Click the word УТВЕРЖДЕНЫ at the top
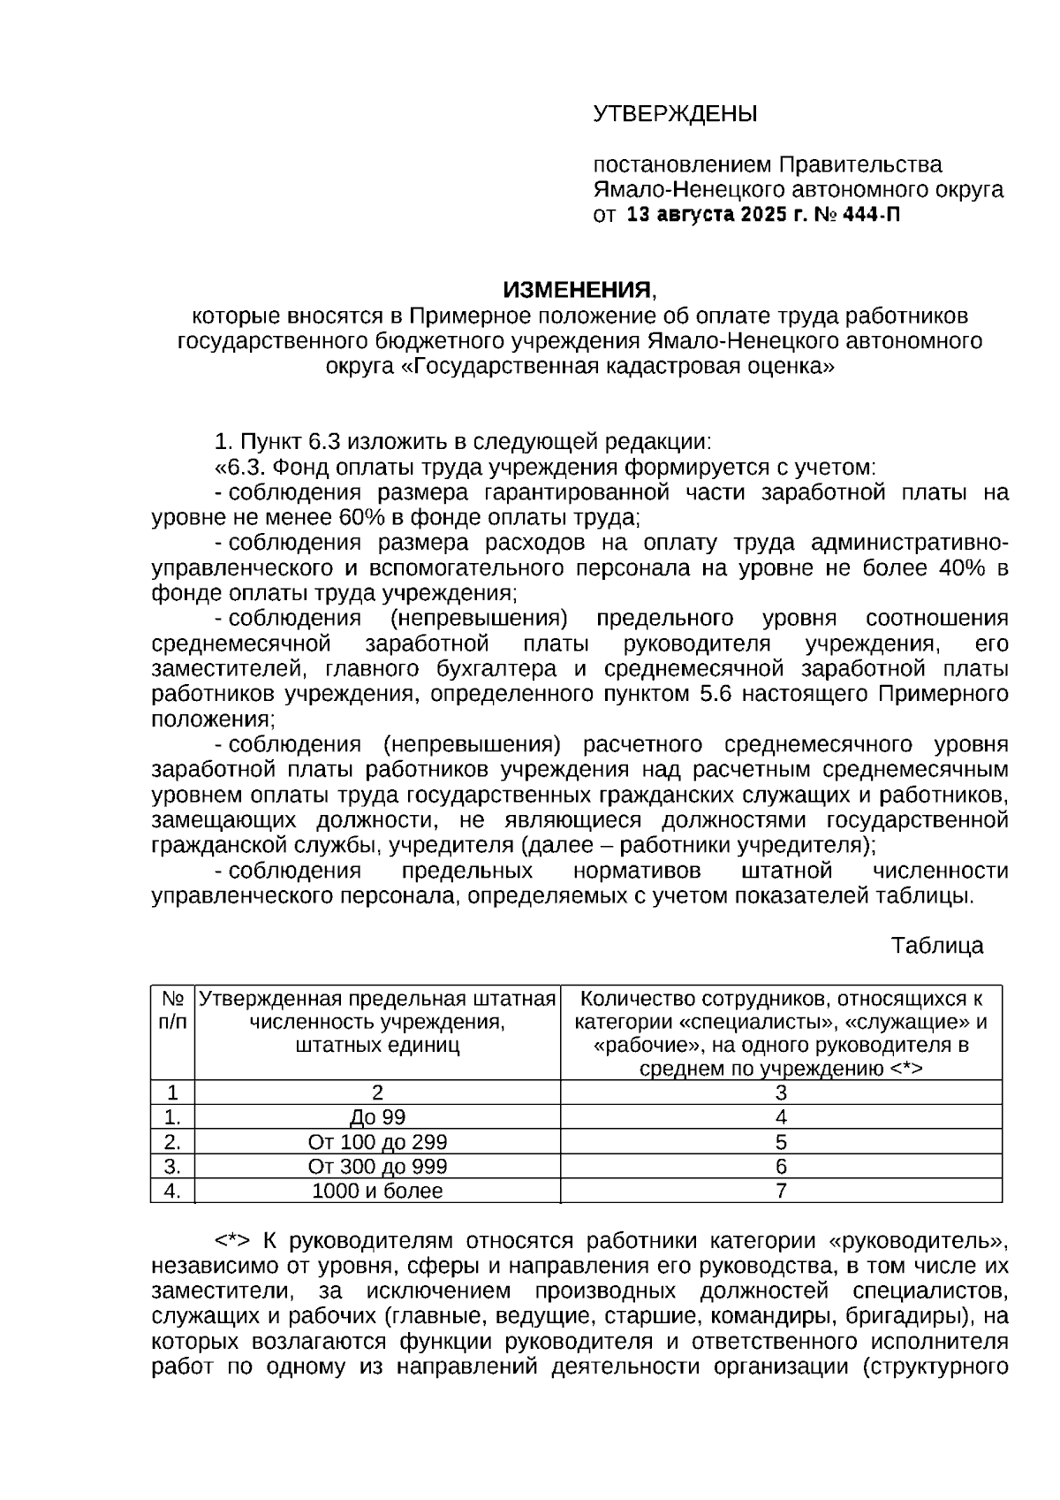pos(675,114)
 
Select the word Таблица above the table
pos(936,946)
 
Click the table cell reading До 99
pos(377,1117)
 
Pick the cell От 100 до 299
pos(377,1142)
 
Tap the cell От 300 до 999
pos(377,1167)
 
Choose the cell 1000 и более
pos(377,1192)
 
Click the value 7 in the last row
pos(781,1192)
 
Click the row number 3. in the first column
pos(172,1167)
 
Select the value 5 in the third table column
pos(781,1142)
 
